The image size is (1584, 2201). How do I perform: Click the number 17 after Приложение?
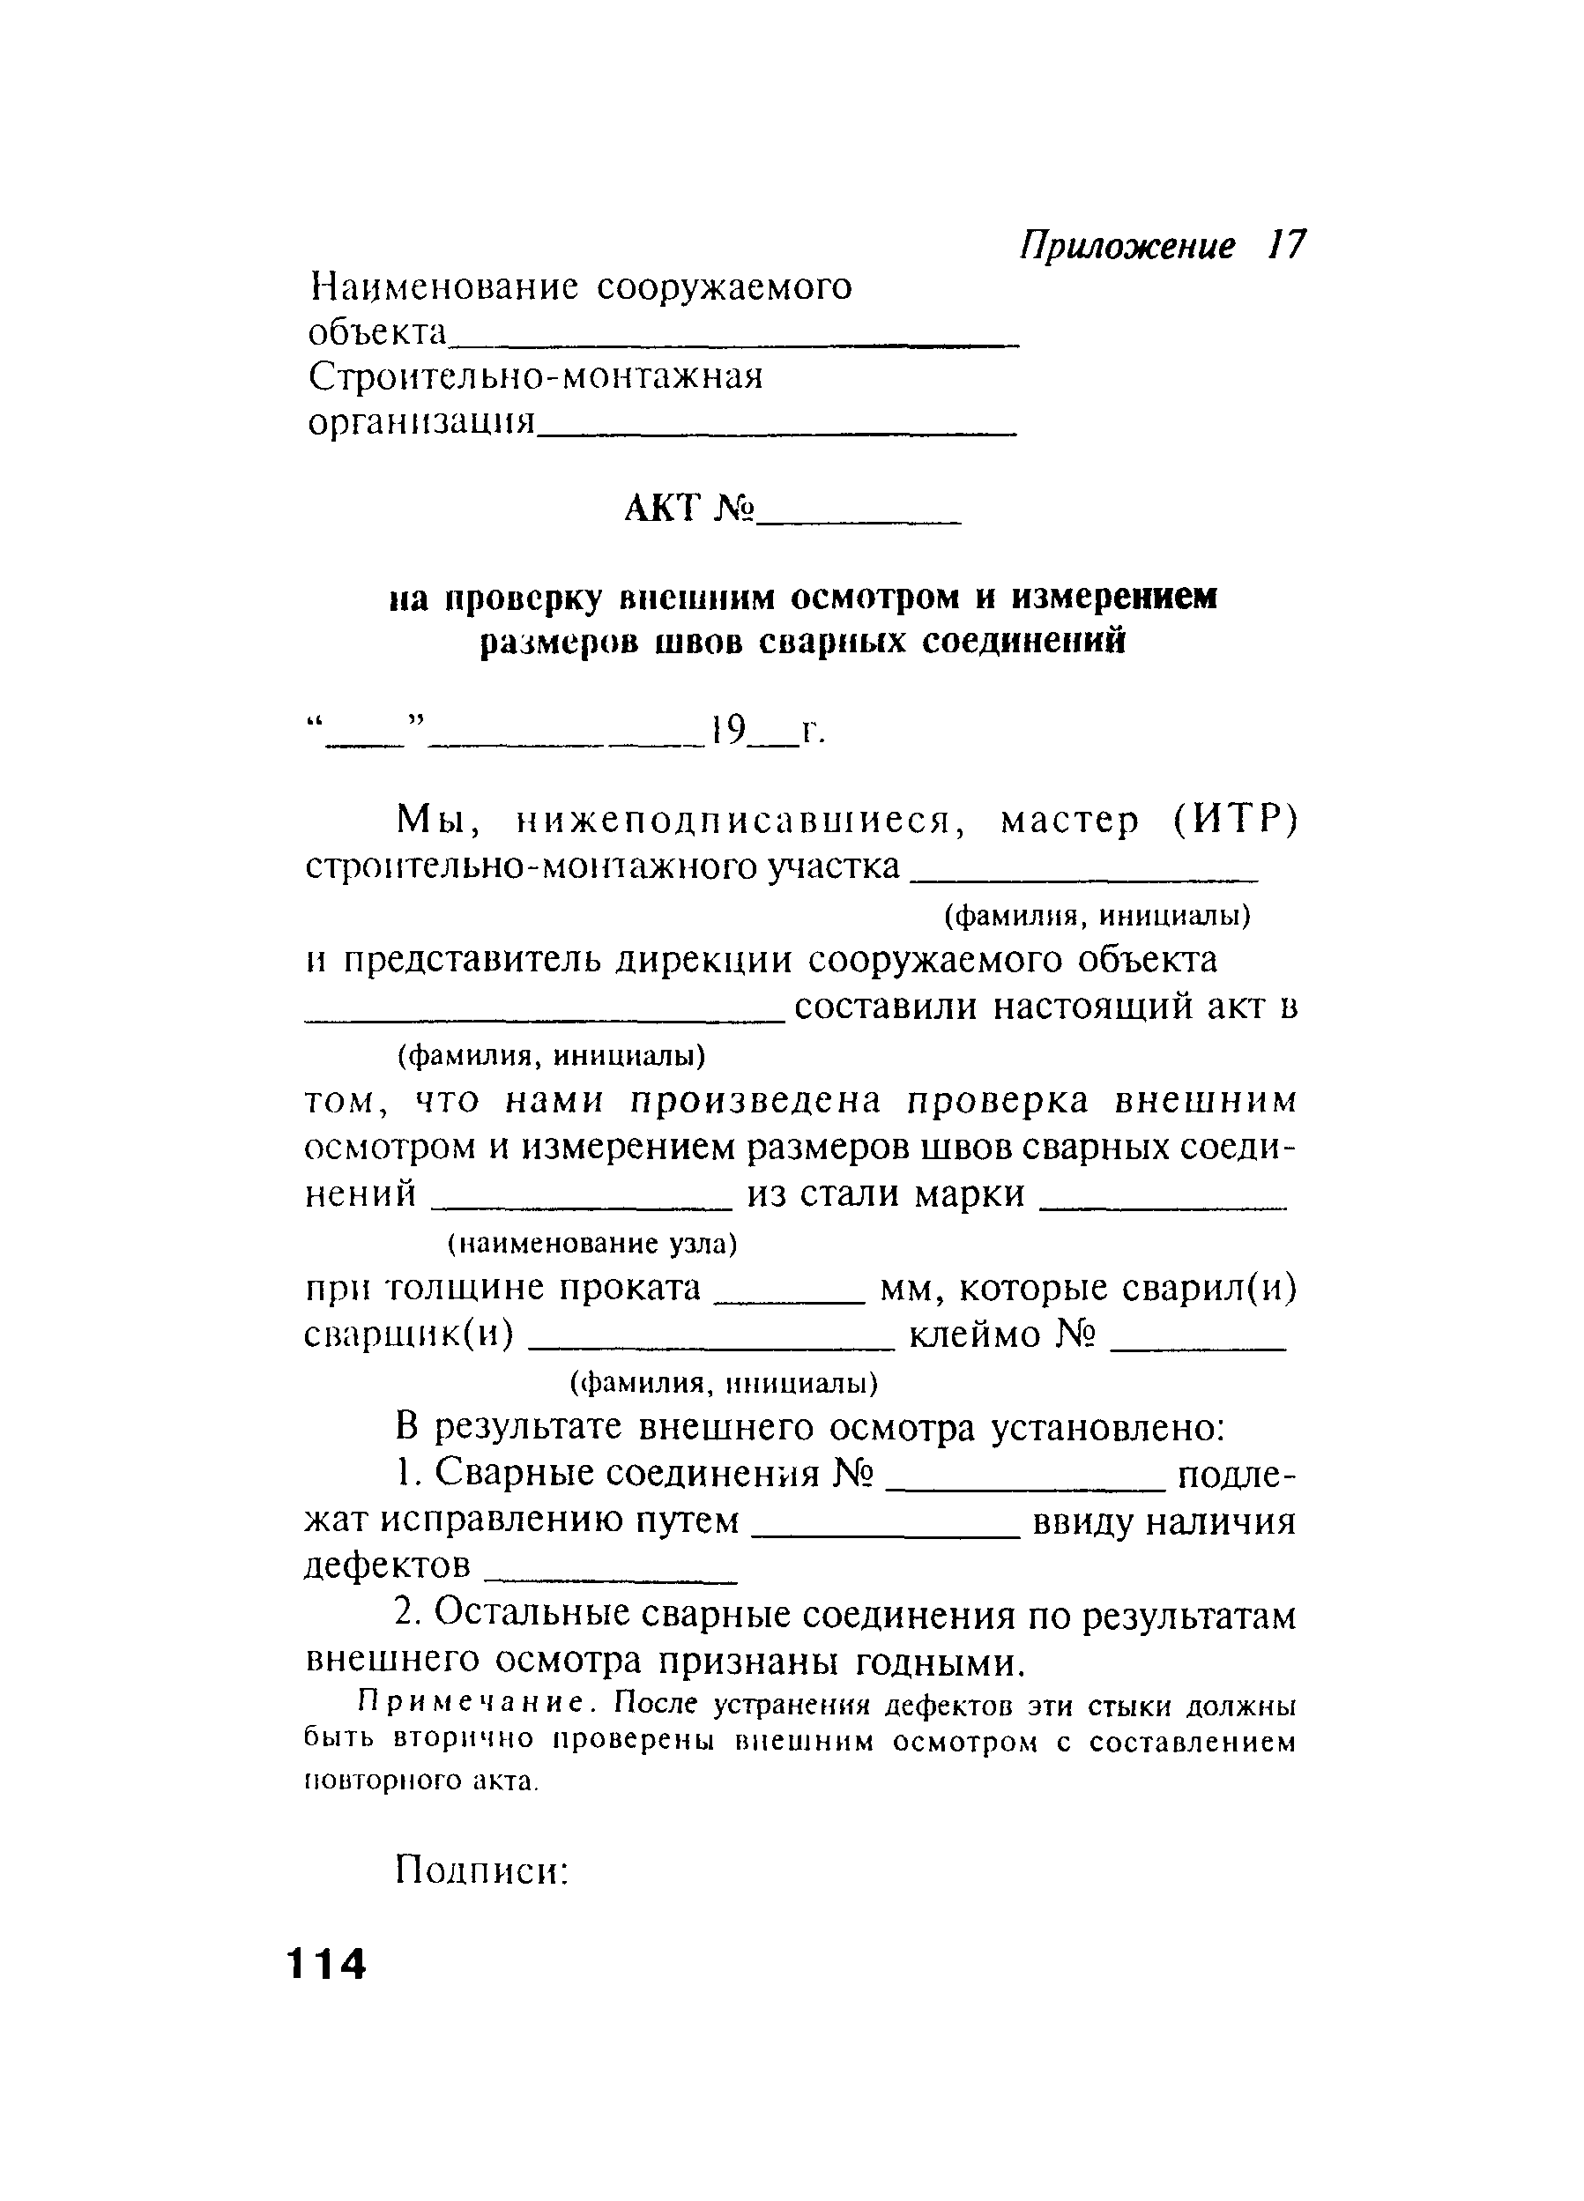click(x=1286, y=246)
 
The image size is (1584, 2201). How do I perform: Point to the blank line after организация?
click(x=777, y=432)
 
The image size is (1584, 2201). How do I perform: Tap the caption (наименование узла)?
click(x=592, y=1243)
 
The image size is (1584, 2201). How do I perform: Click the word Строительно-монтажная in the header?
click(x=536, y=376)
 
